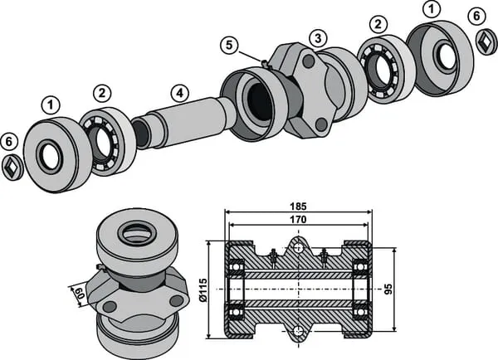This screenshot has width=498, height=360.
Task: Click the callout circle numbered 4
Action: pyautogui.click(x=178, y=93)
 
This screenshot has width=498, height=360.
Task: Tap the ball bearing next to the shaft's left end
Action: pyautogui.click(x=105, y=141)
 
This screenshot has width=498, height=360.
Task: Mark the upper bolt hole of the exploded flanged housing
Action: pyautogui.click(x=308, y=62)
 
